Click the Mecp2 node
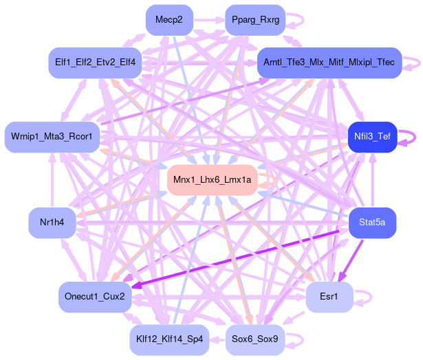(x=169, y=20)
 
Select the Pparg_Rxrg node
(x=255, y=20)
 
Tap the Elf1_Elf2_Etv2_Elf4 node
(x=95, y=63)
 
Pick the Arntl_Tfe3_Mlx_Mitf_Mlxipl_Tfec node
(x=329, y=63)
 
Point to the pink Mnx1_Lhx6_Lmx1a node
(x=213, y=180)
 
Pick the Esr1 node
(x=329, y=297)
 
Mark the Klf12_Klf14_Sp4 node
(x=169, y=339)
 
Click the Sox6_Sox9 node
(x=255, y=339)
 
